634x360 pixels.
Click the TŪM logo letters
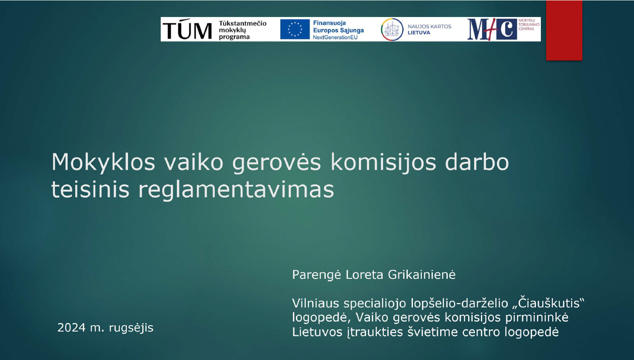tap(187, 29)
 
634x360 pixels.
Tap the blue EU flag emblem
tap(295, 29)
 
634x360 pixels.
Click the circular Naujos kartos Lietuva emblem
tap(392, 29)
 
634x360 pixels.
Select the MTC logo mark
tap(492, 29)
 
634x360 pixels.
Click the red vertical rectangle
tap(564, 30)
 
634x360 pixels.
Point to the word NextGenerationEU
tap(335, 37)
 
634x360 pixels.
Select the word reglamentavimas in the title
tap(236, 189)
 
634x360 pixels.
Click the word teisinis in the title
tap(90, 189)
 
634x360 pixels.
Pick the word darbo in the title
tap(477, 162)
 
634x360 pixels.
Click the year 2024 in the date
tap(71, 328)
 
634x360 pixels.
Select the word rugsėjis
tap(131, 328)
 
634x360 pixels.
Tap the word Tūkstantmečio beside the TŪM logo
tap(242, 23)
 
